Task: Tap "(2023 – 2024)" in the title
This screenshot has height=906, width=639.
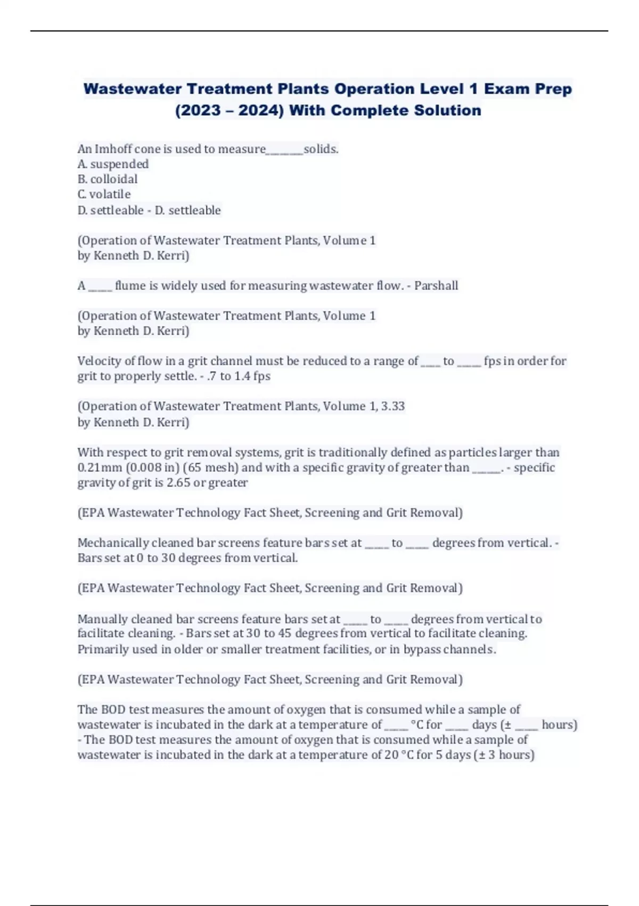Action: [229, 110]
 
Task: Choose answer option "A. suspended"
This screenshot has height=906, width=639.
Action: [113, 164]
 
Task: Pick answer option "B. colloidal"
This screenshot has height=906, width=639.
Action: [108, 179]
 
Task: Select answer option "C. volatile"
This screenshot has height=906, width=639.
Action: [104, 194]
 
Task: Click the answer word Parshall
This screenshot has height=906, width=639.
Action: [436, 286]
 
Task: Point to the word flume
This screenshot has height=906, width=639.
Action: [130, 286]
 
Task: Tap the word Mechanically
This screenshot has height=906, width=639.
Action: [113, 543]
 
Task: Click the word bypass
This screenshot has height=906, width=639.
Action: [422, 650]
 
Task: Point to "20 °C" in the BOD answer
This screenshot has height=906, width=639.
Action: [399, 755]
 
